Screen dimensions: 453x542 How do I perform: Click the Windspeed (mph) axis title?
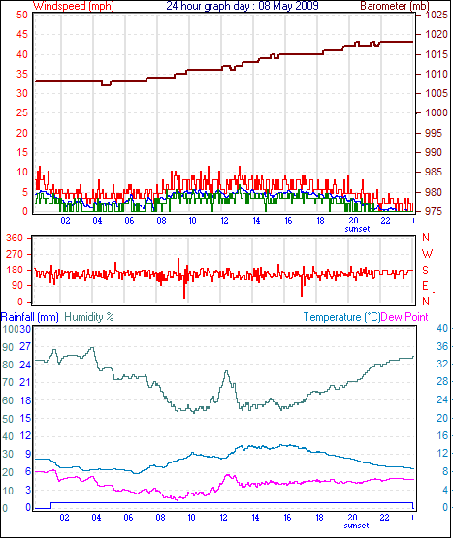point(74,6)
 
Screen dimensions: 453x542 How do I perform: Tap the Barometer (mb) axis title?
point(395,6)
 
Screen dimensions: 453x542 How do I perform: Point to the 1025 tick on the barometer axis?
point(437,15)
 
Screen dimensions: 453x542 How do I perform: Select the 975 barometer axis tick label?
point(434,211)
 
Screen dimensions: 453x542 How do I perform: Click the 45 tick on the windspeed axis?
point(22,34)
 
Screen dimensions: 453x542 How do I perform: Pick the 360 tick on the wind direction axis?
point(15,238)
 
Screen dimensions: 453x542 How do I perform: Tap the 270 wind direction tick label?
point(15,254)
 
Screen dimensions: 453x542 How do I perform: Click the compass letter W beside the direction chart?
point(428,254)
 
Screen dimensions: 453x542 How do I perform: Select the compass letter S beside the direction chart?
point(425,270)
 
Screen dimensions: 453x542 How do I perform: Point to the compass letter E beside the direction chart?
point(425,286)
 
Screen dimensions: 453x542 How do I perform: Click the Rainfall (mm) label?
point(30,317)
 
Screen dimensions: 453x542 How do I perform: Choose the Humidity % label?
point(89,317)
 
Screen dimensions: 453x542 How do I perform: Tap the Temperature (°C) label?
point(341,317)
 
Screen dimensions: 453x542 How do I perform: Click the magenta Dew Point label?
point(404,317)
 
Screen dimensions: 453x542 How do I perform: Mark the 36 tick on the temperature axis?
point(442,346)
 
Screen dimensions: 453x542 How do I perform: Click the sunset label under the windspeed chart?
point(357,229)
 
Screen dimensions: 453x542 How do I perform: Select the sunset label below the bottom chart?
point(357,526)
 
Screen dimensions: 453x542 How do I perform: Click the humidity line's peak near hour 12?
point(227,371)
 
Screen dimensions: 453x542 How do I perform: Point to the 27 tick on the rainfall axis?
point(25,346)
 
